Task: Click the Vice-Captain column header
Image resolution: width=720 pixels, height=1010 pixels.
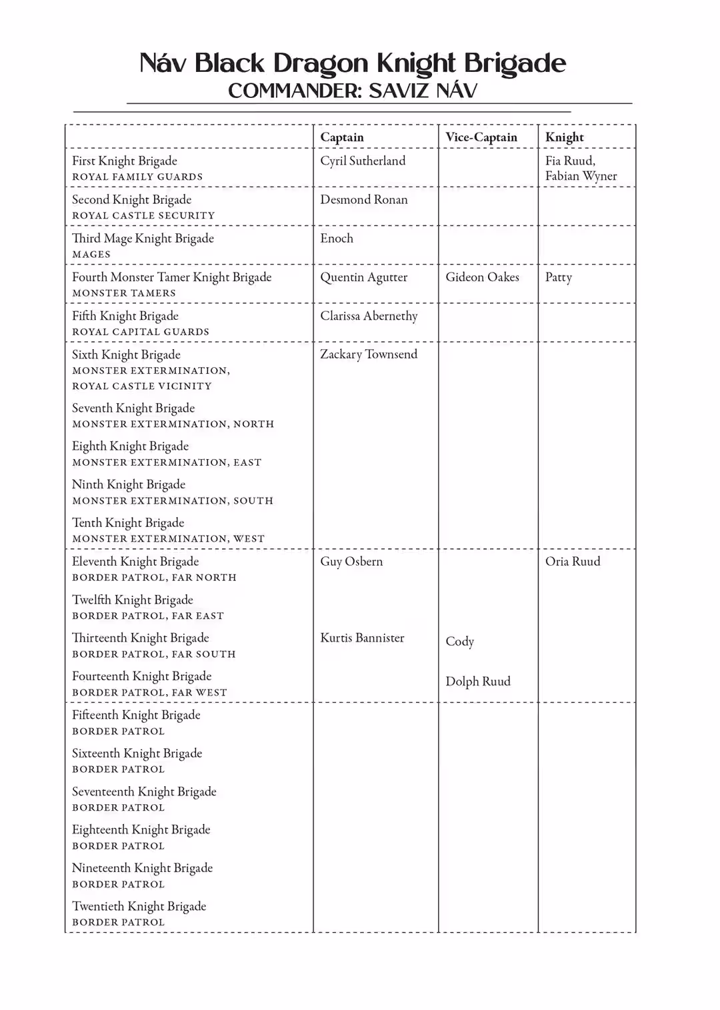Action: [481, 137]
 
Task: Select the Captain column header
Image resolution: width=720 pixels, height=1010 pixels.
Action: [342, 137]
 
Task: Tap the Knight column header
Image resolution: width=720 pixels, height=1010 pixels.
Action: [565, 137]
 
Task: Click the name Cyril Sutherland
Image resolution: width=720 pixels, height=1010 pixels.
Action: [363, 161]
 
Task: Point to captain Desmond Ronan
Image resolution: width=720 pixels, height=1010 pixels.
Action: [364, 199]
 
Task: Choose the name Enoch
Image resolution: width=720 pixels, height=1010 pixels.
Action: [337, 238]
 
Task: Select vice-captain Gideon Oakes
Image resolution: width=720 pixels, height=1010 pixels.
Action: [482, 276]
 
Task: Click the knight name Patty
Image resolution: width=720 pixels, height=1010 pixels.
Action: [559, 277]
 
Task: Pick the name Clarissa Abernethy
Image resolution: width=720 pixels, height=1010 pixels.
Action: [369, 316]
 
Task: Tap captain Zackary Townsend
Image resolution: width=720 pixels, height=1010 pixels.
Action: [369, 354]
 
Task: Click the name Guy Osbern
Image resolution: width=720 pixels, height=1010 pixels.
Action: [351, 561]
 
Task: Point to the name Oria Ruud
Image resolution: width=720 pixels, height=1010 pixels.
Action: [573, 561]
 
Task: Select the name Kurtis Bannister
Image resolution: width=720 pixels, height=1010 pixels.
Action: [362, 638]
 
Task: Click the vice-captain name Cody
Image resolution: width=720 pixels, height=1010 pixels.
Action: [460, 642]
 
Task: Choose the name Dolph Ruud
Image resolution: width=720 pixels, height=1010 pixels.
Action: [478, 681]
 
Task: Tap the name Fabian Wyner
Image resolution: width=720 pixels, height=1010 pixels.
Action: [581, 176]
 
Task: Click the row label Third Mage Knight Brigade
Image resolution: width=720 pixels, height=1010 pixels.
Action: [143, 239]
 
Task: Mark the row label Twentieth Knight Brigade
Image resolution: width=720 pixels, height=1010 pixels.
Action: [139, 906]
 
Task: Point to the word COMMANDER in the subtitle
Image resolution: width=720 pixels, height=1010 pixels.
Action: [295, 91]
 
